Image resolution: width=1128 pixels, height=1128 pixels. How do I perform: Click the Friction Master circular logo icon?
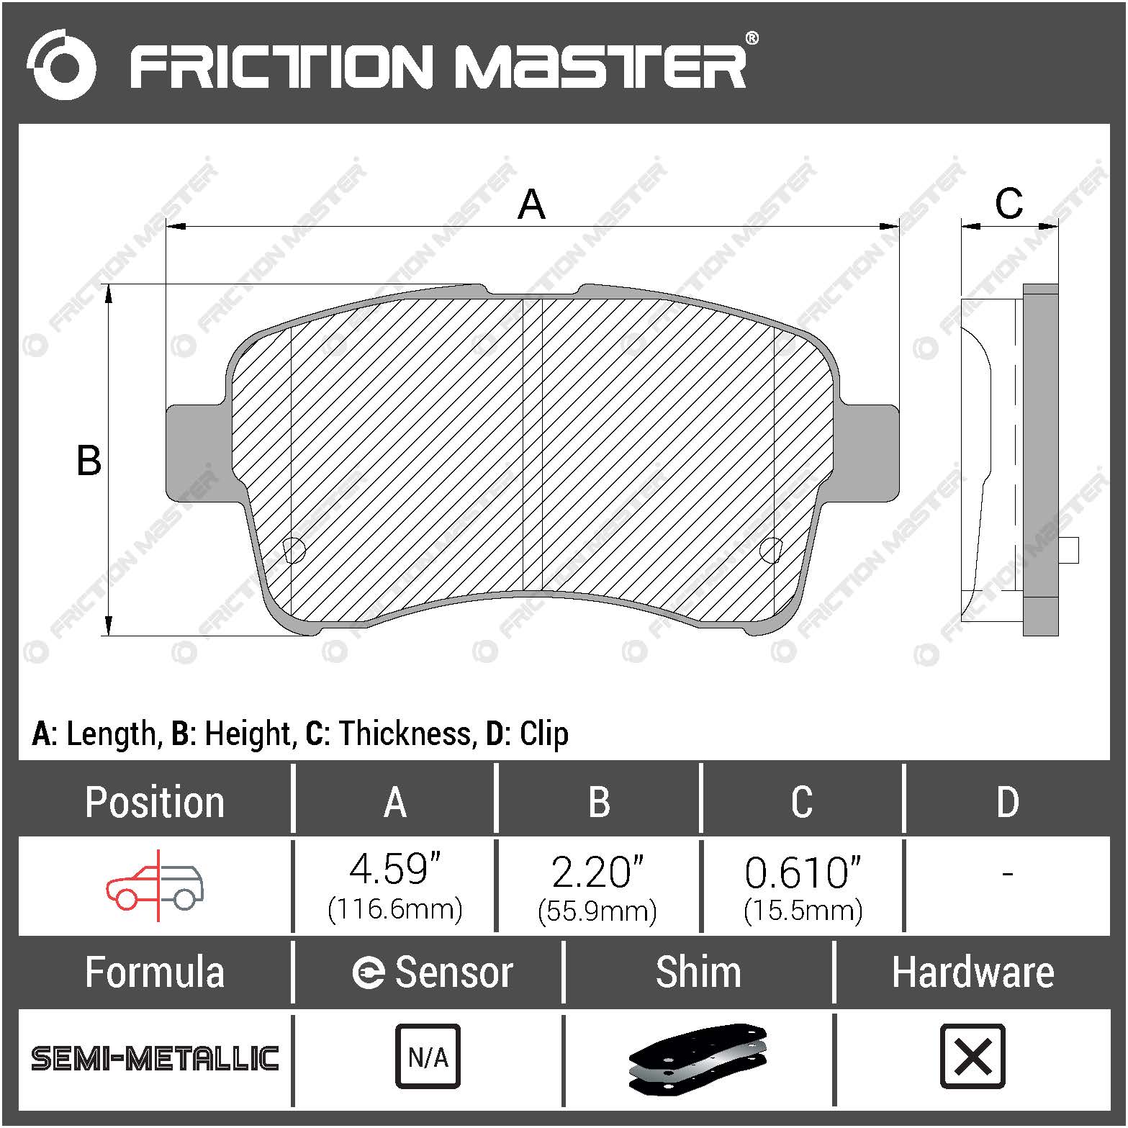click(x=61, y=65)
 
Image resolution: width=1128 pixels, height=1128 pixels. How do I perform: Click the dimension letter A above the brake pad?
click(x=531, y=204)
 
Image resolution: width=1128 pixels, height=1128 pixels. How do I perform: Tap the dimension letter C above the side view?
click(x=1009, y=204)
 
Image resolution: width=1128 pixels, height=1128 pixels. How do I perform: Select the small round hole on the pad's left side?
click(x=294, y=550)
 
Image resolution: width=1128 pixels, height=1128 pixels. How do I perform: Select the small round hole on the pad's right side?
click(x=770, y=550)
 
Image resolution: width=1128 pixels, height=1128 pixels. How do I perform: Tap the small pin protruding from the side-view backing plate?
click(x=1069, y=551)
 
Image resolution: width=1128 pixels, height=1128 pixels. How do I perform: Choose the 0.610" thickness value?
click(x=803, y=872)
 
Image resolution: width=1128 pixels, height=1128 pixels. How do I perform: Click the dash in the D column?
click(x=1007, y=874)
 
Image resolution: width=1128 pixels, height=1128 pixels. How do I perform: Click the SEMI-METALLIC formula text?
click(x=155, y=1058)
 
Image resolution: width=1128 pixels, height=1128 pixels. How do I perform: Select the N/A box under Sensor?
click(x=428, y=1057)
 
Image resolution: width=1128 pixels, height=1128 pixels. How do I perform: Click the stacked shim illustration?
click(x=698, y=1057)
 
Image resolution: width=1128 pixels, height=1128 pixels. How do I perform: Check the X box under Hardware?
click(x=973, y=1057)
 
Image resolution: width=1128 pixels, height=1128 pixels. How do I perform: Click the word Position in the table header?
click(x=155, y=802)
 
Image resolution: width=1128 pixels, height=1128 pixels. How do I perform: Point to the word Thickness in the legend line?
click(x=405, y=734)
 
